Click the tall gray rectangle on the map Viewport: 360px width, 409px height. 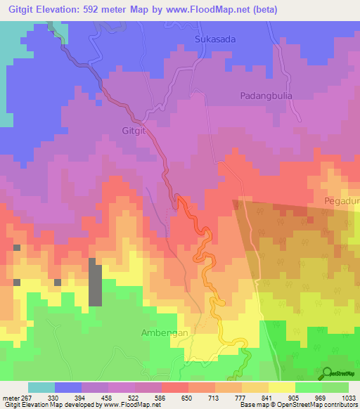(x=95, y=281)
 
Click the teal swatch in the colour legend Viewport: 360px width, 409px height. (x=41, y=387)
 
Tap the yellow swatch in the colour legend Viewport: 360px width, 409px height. (x=281, y=387)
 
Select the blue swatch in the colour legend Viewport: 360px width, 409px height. (x=68, y=387)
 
